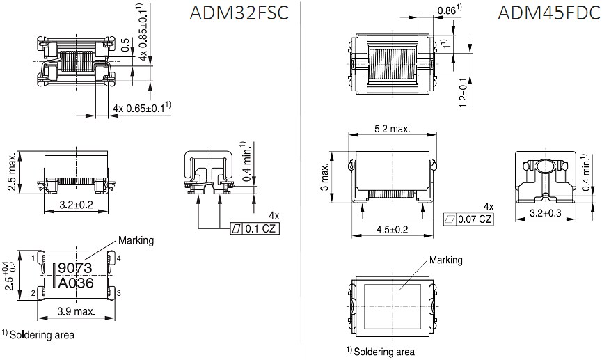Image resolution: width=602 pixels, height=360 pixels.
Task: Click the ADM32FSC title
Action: pyautogui.click(x=237, y=15)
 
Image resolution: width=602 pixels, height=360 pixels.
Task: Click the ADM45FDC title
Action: pyautogui.click(x=548, y=15)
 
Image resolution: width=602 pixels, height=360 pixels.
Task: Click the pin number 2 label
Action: pyautogui.click(x=33, y=292)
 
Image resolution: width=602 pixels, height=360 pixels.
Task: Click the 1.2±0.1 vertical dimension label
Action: pyautogui.click(x=464, y=91)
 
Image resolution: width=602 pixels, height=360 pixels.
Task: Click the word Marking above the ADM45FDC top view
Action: pyautogui.click(x=446, y=260)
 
